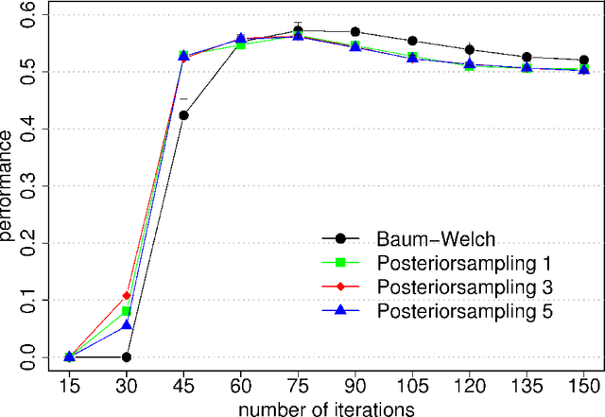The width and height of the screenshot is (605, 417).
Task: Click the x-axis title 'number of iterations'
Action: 327,408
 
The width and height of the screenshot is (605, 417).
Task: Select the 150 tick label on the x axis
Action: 584,384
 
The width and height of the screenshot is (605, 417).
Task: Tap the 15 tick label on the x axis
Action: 69,384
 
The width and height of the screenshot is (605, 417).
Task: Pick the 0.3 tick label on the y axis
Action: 29,185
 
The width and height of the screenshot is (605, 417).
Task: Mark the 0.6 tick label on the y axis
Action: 29,14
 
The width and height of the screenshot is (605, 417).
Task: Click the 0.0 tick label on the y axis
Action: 29,356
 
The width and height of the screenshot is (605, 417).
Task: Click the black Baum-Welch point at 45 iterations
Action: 183,115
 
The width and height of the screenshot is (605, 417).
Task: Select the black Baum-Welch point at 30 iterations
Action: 127,357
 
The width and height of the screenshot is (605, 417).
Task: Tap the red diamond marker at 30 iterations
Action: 127,296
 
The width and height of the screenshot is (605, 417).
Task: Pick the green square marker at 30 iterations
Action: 127,310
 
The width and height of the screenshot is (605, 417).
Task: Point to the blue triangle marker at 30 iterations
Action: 127,324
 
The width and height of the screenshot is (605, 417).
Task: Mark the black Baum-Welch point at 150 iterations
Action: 584,60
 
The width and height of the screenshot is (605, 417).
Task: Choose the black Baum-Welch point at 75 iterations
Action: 299,30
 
